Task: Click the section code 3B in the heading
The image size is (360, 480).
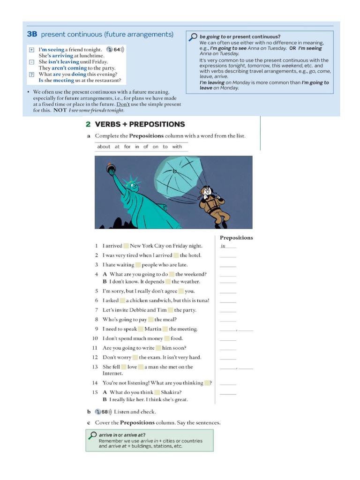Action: click(x=32, y=34)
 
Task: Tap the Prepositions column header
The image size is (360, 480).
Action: click(x=236, y=238)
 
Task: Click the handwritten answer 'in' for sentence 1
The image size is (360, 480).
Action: click(x=223, y=246)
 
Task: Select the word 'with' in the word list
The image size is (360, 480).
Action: click(x=177, y=147)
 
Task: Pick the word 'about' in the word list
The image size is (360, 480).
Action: click(x=104, y=147)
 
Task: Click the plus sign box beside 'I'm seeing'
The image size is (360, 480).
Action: click(x=31, y=50)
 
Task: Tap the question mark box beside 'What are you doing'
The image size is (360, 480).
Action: click(x=31, y=75)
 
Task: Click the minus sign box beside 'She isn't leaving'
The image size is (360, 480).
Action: click(x=31, y=62)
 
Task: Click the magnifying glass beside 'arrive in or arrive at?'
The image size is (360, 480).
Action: click(x=92, y=436)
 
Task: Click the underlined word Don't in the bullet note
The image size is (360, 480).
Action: click(x=123, y=104)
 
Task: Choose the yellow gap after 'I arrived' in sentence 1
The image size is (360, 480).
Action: click(x=126, y=246)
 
